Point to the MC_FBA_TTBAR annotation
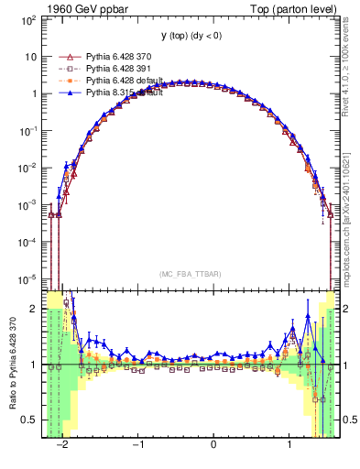point(189,274)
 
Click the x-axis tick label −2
point(62,444)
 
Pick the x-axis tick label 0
point(213,444)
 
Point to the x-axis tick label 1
point(289,444)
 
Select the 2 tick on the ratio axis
point(35,309)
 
